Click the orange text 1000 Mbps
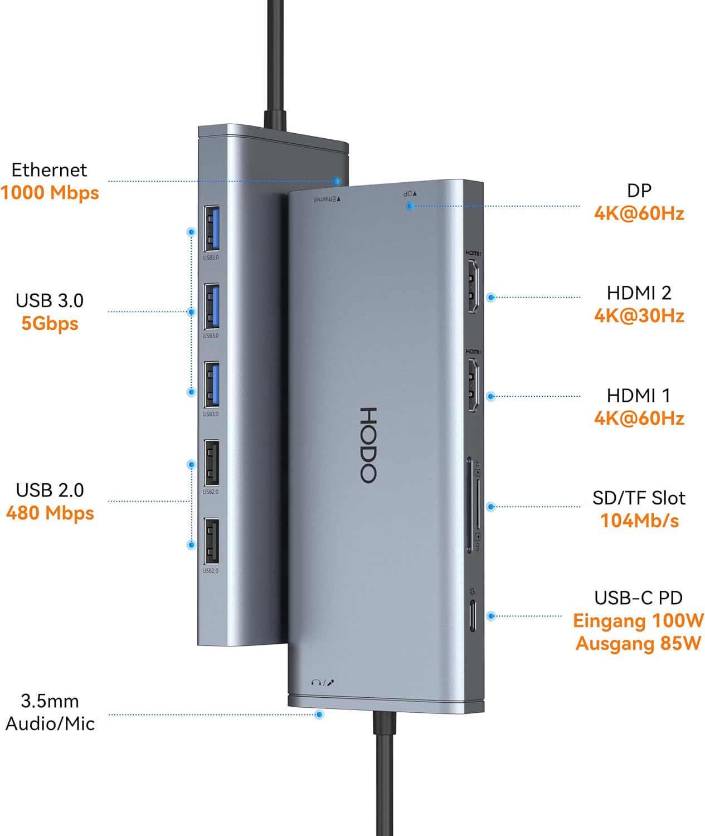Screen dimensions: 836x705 coord(50,193)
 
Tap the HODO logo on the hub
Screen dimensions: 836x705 coord(368,445)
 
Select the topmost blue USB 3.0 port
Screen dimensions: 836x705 coord(211,229)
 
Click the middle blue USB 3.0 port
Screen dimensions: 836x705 coord(211,307)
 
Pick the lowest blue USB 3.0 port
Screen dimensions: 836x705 coord(211,385)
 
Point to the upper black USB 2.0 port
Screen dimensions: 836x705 coord(211,463)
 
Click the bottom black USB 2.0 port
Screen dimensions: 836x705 coord(211,541)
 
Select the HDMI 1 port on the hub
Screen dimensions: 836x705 coord(473,385)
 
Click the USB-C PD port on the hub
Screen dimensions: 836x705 coord(473,615)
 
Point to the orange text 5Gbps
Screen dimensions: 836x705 coord(50,324)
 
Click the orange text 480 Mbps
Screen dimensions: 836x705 coord(50,513)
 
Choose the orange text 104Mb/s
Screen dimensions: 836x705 coord(639,521)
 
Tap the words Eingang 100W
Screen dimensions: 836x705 coord(638,621)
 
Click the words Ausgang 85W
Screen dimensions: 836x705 coord(638,644)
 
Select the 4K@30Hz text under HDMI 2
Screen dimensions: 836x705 coord(639,316)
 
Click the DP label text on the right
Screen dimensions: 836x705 coord(639,191)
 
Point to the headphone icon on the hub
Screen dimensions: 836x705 coord(316,682)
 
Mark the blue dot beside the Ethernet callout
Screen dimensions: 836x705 coord(337,181)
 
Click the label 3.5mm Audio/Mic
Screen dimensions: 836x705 coord(50,712)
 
